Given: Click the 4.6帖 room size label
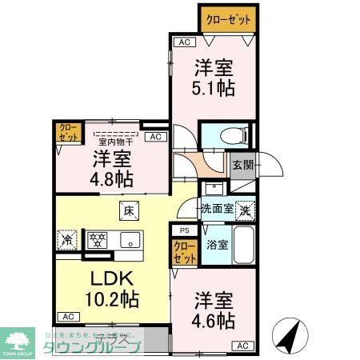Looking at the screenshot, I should (214, 312).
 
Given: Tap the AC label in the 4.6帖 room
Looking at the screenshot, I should (242, 346).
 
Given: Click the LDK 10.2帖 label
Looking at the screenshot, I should (112, 292).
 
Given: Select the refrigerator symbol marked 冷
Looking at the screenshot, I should (67, 238).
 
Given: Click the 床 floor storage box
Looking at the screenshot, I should (128, 211).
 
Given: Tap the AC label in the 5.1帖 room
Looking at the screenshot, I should (184, 42).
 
